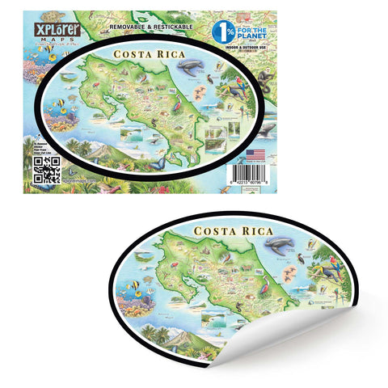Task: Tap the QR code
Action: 47,168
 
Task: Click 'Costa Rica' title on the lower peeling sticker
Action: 233,232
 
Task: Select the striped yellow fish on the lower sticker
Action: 136,285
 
